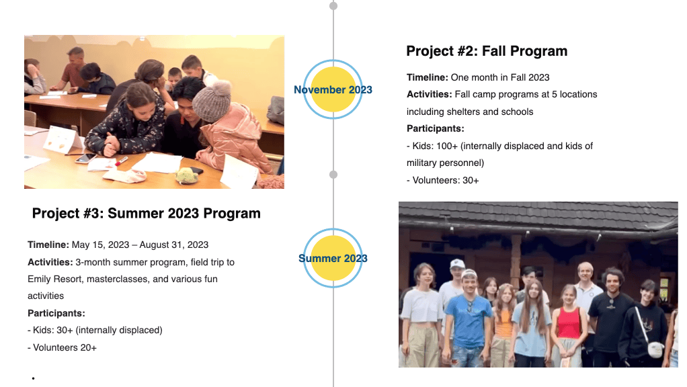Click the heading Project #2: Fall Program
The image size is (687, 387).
coord(487,51)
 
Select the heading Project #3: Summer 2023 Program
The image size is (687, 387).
coord(147,214)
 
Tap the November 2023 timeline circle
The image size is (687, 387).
coord(333,89)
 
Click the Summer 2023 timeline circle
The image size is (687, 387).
coord(333,258)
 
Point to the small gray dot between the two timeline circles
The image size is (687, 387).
coord(333,175)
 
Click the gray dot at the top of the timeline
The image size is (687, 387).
coord(333,5)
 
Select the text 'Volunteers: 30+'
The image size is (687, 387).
coord(446,180)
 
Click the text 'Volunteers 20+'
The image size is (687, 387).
coord(65,347)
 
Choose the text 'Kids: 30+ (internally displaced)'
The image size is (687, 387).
coord(97,330)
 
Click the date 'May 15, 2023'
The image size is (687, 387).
coord(100,245)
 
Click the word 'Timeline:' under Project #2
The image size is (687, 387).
coord(427,77)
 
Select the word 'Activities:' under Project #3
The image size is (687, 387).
coord(50,262)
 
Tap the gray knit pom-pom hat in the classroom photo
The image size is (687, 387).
coord(212,100)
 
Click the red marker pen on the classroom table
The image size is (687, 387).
coord(122,161)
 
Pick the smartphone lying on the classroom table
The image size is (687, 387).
coord(86,158)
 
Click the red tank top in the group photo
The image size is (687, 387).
coord(569,323)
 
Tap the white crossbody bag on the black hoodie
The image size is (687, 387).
coord(655,349)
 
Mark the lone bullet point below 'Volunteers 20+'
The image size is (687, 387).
coord(34,378)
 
